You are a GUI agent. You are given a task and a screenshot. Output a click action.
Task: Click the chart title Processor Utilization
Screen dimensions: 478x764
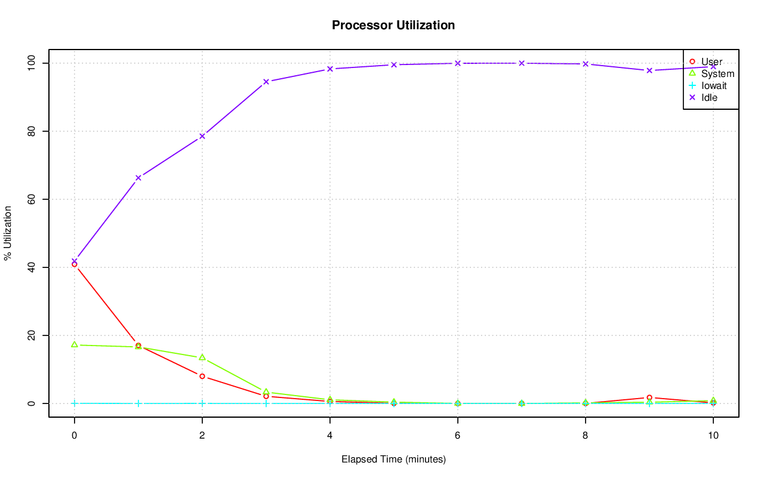point(393,25)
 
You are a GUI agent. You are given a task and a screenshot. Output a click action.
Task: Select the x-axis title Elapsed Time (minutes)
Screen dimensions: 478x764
point(393,460)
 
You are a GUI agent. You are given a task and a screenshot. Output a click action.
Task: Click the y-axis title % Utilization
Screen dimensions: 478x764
point(8,233)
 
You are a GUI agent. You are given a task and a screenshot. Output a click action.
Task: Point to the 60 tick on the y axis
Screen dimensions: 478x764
point(30,199)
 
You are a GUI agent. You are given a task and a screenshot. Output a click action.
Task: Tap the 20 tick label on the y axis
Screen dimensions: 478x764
point(30,335)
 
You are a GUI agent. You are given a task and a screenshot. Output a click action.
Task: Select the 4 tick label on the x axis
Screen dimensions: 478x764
point(329,436)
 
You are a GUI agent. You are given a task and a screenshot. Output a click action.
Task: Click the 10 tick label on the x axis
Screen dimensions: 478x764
point(713,436)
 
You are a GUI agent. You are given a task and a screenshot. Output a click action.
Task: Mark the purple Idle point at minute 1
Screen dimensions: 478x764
point(138,178)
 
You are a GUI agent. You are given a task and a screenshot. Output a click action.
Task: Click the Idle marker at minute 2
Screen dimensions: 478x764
point(202,136)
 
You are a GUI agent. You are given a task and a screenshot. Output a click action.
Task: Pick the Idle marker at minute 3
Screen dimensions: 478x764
point(266,82)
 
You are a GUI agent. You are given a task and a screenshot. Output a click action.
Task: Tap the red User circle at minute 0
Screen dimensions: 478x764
point(74,264)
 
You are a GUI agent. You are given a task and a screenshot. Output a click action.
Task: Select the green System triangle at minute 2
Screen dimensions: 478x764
point(202,357)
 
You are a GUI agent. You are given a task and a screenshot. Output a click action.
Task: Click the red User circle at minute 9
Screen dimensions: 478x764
point(649,397)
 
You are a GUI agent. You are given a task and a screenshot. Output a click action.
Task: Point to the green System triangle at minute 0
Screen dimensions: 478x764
point(74,344)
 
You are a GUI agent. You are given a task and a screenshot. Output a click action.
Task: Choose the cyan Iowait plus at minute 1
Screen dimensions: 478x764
point(138,403)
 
